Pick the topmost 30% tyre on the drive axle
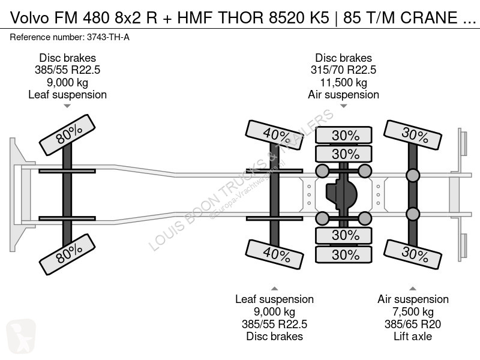point(345,136)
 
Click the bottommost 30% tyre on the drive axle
point(345,254)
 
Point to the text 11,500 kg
point(343,82)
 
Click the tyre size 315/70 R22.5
point(343,70)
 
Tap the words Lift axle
point(413,336)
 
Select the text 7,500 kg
point(413,311)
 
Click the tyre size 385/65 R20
point(413,324)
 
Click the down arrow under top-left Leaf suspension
point(67,106)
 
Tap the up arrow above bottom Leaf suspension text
point(275,287)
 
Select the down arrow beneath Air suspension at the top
point(343,106)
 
